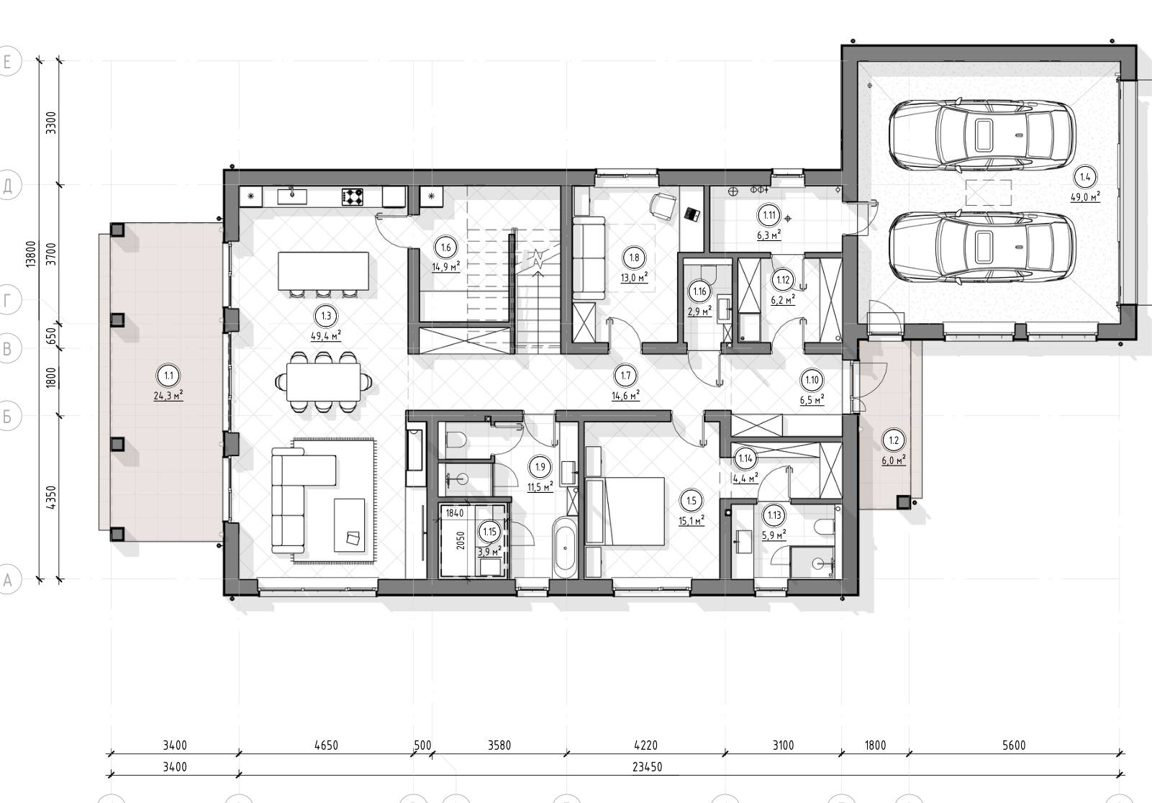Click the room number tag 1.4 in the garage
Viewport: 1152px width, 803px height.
pos(1084,177)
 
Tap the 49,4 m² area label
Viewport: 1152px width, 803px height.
pos(326,337)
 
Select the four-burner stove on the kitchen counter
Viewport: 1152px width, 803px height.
pos(353,197)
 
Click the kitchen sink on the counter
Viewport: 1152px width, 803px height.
pos(292,196)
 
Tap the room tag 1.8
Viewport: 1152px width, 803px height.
pos(634,258)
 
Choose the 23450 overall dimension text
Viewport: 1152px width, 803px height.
pos(647,767)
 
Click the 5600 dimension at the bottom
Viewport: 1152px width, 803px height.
pos(1014,745)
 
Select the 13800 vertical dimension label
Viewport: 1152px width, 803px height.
pos(31,253)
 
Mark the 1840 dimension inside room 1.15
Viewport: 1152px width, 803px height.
pos(455,513)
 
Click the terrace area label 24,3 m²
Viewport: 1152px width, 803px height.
pos(168,396)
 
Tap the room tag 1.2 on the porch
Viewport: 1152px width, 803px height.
pos(893,440)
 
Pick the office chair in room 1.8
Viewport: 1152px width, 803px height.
pos(663,206)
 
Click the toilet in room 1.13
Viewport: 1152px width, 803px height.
pos(825,527)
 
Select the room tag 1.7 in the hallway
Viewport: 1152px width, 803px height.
pos(625,376)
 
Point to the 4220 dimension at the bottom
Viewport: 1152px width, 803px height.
pos(645,745)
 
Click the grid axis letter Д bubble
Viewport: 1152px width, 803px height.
pos(7,186)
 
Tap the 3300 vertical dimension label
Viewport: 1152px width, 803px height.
pos(51,123)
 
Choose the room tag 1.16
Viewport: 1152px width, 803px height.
pos(699,291)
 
